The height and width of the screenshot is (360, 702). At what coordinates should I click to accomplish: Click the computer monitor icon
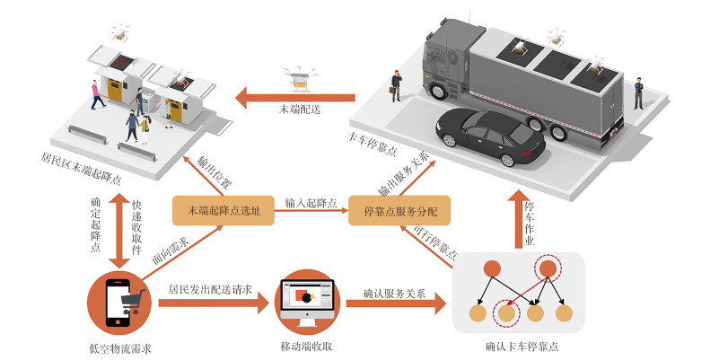pyautogui.click(x=307, y=297)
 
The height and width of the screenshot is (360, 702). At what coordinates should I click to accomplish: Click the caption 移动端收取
pyautogui.click(x=307, y=347)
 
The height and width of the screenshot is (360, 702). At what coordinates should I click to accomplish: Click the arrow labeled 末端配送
pyautogui.click(x=296, y=93)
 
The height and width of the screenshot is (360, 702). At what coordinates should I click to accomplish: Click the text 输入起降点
pyautogui.click(x=312, y=203)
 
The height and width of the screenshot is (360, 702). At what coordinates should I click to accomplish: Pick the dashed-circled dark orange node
pyautogui.click(x=547, y=268)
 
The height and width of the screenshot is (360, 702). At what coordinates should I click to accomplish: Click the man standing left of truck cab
pyautogui.click(x=396, y=84)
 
